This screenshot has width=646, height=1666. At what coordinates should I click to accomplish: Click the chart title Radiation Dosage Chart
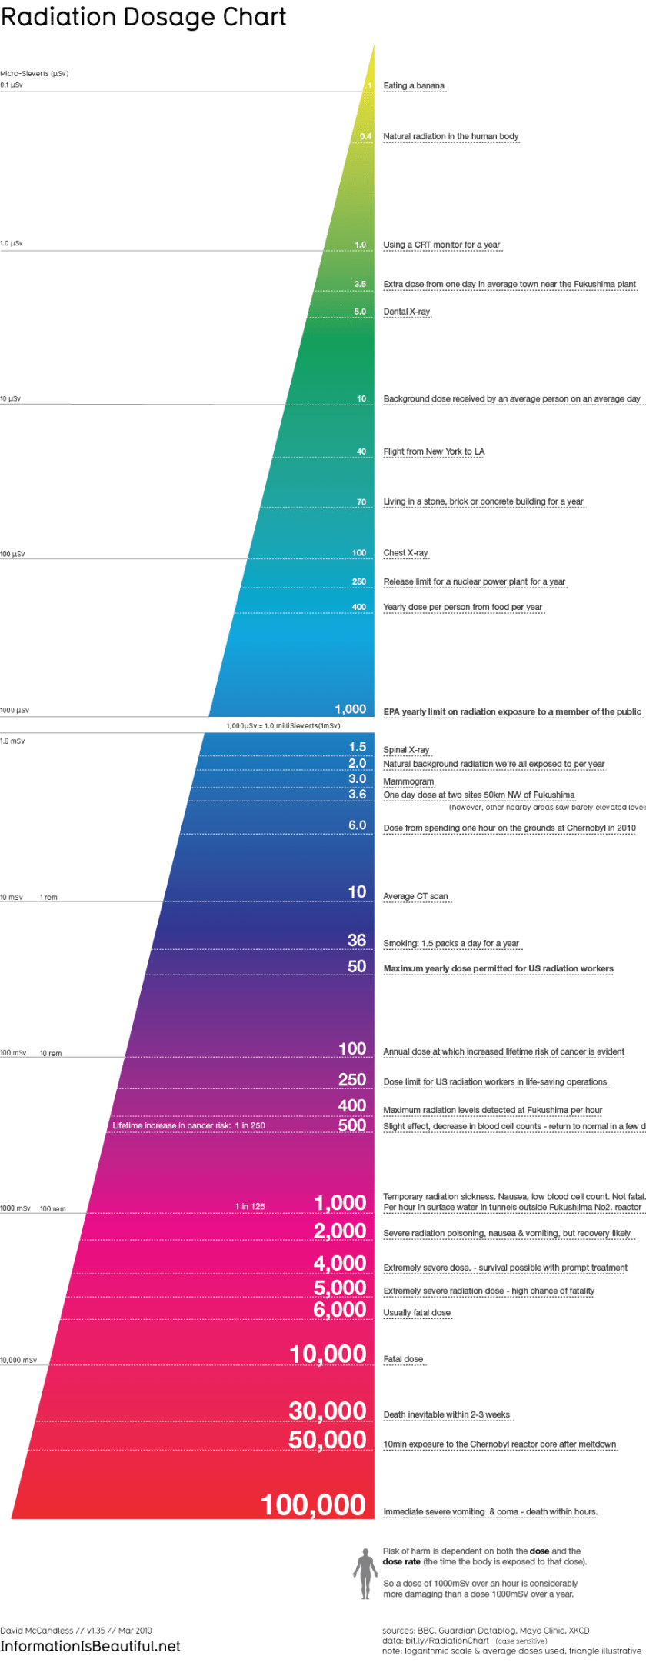[143, 17]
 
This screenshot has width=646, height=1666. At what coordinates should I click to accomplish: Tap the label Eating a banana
[414, 86]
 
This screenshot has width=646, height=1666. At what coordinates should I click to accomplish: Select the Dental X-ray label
[407, 312]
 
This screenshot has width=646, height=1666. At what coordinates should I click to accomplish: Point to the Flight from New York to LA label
[434, 451]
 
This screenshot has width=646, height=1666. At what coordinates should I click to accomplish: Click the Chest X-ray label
[405, 553]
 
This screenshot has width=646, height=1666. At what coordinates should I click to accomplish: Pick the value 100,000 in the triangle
[313, 1505]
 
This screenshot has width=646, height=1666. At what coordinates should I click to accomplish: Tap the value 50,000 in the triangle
[327, 1440]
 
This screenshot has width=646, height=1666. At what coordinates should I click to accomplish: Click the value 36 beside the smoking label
[357, 940]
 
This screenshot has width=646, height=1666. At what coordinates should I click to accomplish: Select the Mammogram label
[408, 781]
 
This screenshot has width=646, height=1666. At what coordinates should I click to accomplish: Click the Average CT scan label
[415, 896]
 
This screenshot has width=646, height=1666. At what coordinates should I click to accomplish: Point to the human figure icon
[365, 1574]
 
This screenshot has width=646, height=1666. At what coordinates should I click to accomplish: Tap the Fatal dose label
[403, 1359]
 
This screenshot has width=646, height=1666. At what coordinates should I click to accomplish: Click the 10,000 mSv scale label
[18, 1360]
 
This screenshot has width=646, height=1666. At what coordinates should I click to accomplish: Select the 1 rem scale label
[48, 898]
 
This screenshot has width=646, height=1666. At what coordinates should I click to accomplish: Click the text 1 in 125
[250, 1206]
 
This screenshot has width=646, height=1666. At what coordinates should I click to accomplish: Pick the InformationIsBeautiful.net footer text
[90, 1646]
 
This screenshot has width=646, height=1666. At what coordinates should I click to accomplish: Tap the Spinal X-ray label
[406, 750]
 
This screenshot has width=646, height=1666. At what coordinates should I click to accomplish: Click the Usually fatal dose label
[417, 1313]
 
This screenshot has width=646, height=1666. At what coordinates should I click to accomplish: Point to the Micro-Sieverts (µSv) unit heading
[35, 74]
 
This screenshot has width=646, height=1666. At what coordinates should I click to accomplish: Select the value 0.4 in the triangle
[365, 137]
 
